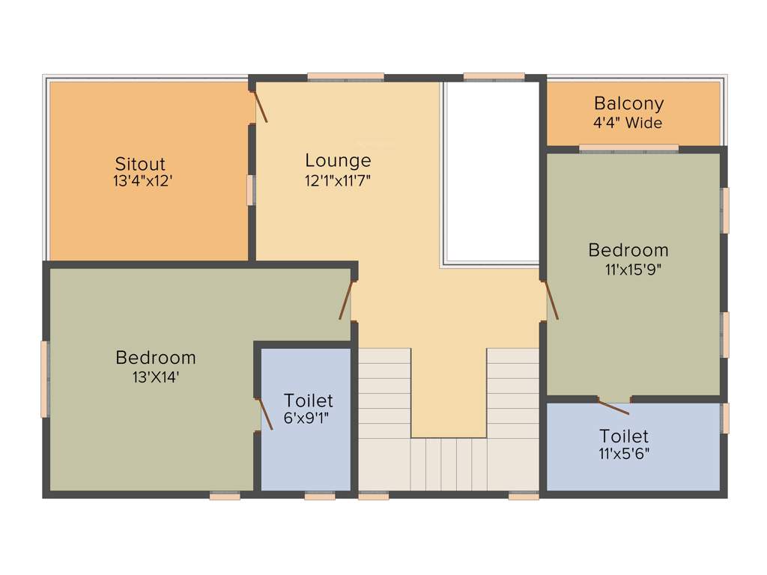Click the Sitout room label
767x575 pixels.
[x=140, y=163]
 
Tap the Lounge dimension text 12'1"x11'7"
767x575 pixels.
[x=338, y=180]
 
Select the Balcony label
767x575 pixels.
[x=628, y=103]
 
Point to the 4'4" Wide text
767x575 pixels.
[x=628, y=123]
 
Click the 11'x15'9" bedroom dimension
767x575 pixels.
[x=633, y=270]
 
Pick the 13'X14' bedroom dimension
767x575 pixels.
[x=155, y=377]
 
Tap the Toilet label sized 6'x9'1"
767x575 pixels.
[x=308, y=401]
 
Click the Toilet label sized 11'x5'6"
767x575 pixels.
[x=624, y=436]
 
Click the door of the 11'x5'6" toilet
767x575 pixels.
[x=613, y=407]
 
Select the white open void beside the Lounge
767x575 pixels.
[x=491, y=170]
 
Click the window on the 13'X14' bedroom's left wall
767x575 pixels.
[x=44, y=379]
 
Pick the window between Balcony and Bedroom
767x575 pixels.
[x=628, y=148]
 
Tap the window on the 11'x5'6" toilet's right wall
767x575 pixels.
[x=724, y=418]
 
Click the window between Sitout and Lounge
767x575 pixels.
[x=251, y=189]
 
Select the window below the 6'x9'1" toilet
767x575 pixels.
[x=319, y=495]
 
